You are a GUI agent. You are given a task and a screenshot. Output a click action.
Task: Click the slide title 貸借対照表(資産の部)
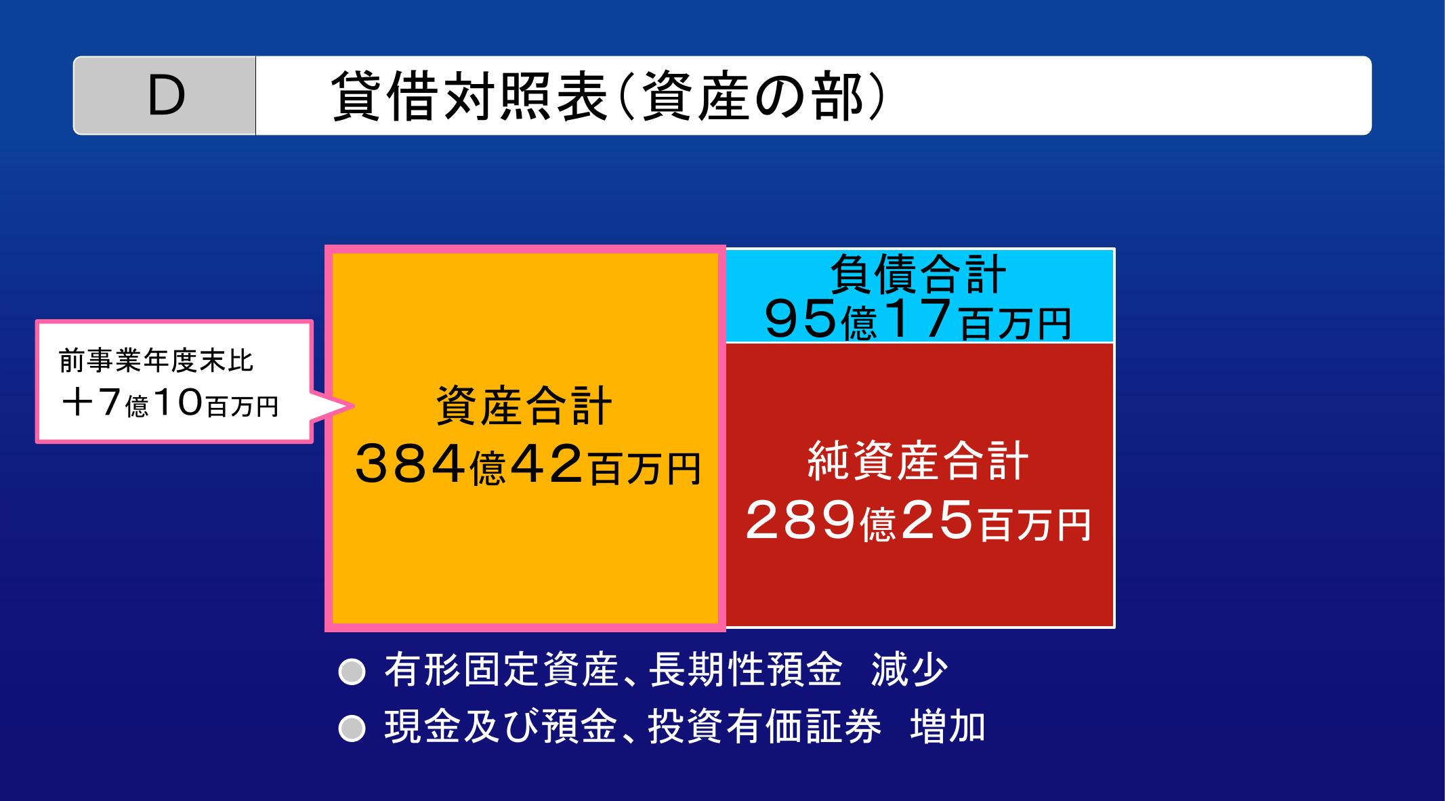point(608,96)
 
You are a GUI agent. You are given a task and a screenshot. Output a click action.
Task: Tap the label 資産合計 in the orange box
point(524,406)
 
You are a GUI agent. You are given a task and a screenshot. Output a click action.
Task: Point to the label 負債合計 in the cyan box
point(919,274)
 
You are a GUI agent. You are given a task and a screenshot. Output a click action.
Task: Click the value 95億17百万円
point(918,320)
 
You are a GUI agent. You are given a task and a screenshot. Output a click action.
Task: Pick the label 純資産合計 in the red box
point(919,461)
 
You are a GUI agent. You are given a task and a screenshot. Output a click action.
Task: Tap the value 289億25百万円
point(919,521)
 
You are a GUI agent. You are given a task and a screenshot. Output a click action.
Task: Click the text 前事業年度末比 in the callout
point(156,361)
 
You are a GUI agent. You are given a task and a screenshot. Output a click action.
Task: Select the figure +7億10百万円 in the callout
point(169,405)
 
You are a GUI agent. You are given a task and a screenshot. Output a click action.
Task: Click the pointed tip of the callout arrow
point(354,407)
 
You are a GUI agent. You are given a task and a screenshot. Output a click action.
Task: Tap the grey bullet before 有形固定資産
point(352,672)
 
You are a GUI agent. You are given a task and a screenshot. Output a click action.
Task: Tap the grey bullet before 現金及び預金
point(352,728)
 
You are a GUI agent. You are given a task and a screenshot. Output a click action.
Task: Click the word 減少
point(909,670)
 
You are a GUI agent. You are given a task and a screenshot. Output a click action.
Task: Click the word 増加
point(948,726)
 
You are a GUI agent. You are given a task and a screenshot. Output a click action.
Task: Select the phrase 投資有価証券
point(765,726)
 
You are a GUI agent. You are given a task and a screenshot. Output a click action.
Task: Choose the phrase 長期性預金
point(745,670)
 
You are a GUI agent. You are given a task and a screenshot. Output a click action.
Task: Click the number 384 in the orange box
point(411,464)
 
